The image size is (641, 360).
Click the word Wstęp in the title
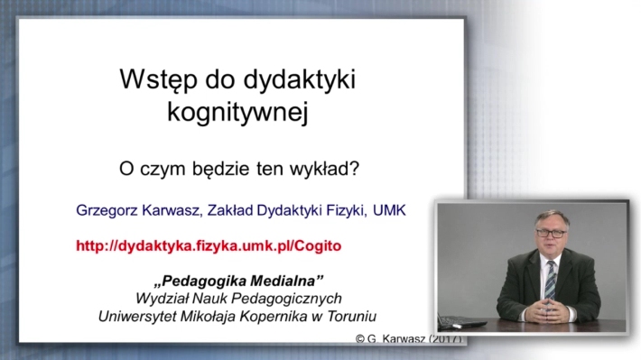click(x=159, y=80)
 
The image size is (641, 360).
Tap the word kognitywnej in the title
click(x=237, y=112)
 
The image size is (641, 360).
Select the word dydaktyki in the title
click(x=299, y=80)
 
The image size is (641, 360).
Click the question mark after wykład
click(x=355, y=168)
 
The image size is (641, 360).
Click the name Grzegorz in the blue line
click(x=107, y=210)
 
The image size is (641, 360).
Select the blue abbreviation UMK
click(x=389, y=210)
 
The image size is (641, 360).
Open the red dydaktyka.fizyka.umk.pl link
click(x=209, y=246)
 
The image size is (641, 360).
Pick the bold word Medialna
click(x=286, y=281)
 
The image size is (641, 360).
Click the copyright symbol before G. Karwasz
click(x=359, y=338)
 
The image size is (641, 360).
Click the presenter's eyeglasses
click(x=551, y=234)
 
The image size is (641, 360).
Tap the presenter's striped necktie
click(x=550, y=281)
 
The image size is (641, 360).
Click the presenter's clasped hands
click(x=548, y=309)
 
